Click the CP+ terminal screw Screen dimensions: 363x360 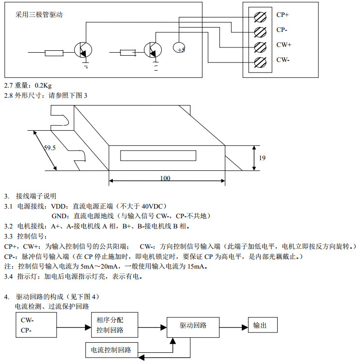260,16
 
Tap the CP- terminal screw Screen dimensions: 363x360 260,31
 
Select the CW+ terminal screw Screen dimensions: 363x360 260,46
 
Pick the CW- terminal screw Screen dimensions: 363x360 260,61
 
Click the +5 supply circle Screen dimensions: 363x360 180,48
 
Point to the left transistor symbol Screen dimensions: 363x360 83,50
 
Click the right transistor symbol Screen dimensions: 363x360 153,50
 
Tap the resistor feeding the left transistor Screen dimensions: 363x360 54,52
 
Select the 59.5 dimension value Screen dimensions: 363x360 50,149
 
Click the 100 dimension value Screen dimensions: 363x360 165,178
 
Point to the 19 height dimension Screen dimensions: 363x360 262,158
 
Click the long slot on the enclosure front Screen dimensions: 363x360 158,156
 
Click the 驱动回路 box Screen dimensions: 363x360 193,325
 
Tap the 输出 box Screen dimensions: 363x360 263,325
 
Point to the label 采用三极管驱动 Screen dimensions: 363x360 39,15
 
